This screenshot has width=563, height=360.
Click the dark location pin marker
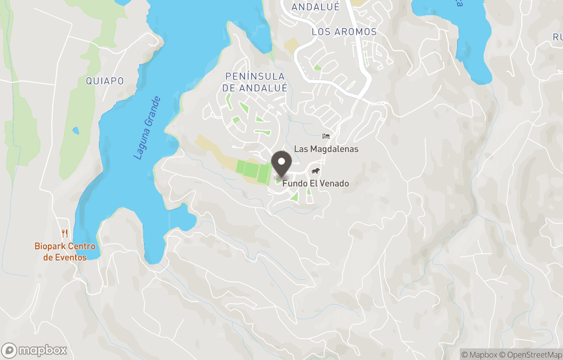coord(281,164)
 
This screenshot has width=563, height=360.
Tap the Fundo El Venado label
coord(315,184)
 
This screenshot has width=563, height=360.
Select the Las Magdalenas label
coord(326,149)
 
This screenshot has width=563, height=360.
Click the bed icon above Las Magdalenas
coord(326,137)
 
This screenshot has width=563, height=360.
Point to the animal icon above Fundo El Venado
coord(315,172)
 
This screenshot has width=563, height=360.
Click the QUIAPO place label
coord(105,81)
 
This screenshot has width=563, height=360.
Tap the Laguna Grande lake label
coord(146,128)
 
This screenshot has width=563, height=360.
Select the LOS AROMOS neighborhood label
coord(344,32)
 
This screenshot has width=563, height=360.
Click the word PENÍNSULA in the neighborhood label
coord(255,77)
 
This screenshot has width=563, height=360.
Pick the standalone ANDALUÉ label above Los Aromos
coord(315,7)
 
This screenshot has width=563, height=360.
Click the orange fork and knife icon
coord(65,233)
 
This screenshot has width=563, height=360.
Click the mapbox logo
coord(34,350)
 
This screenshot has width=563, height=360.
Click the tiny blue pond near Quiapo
coord(76,131)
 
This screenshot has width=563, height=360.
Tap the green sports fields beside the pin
coord(254,170)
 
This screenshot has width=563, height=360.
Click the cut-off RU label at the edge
coord(557,37)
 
